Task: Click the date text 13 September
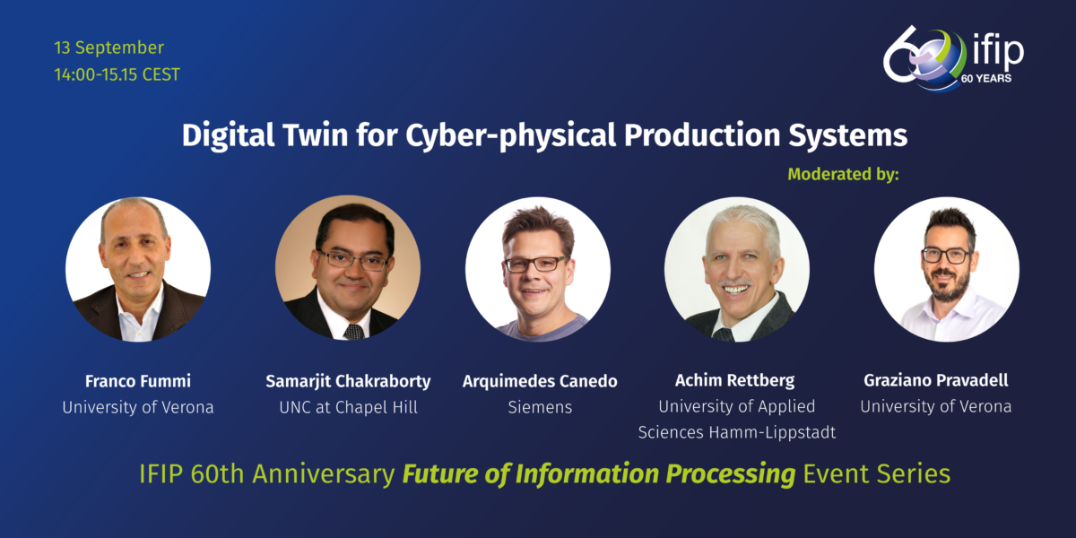tap(108, 48)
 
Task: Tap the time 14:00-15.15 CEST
tap(117, 74)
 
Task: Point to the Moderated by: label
tap(843, 174)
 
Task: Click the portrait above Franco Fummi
tap(138, 269)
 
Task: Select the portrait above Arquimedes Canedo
tap(538, 269)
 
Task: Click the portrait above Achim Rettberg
tap(737, 269)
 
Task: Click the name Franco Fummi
tap(138, 381)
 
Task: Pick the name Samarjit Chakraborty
tap(348, 381)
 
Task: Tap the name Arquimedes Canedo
tap(540, 381)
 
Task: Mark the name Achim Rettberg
tap(737, 381)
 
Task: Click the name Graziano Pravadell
tap(936, 381)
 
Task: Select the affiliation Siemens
tap(540, 407)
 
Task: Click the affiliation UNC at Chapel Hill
tap(348, 407)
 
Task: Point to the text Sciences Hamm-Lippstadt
tap(737, 432)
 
